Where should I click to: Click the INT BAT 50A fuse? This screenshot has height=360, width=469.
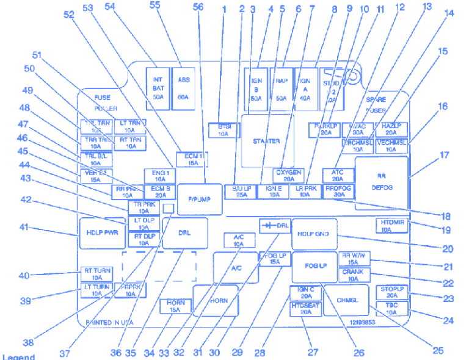pyautogui.click(x=158, y=87)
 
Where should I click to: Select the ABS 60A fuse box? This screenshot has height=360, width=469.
pyautogui.click(x=183, y=87)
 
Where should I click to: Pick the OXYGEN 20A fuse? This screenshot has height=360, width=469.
pyautogui.click(x=289, y=176)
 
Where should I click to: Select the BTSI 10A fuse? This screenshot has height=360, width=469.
pyautogui.click(x=223, y=129)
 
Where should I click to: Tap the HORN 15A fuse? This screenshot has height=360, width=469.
pyautogui.click(x=175, y=306)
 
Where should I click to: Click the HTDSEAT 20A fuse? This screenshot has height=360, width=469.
pyautogui.click(x=305, y=309)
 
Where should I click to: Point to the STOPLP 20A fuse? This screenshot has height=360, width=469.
pyautogui.click(x=391, y=292)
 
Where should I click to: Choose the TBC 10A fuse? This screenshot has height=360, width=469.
pyautogui.click(x=391, y=308)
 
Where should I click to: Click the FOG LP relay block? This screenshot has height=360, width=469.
pyautogui.click(x=314, y=266)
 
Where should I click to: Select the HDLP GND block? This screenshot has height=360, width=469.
pyautogui.click(x=314, y=234)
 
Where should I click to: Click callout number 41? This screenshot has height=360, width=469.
pyautogui.click(x=23, y=228)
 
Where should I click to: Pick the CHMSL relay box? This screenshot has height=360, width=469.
pyautogui.click(x=346, y=300)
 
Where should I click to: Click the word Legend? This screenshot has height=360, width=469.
pyautogui.click(x=18, y=357)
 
